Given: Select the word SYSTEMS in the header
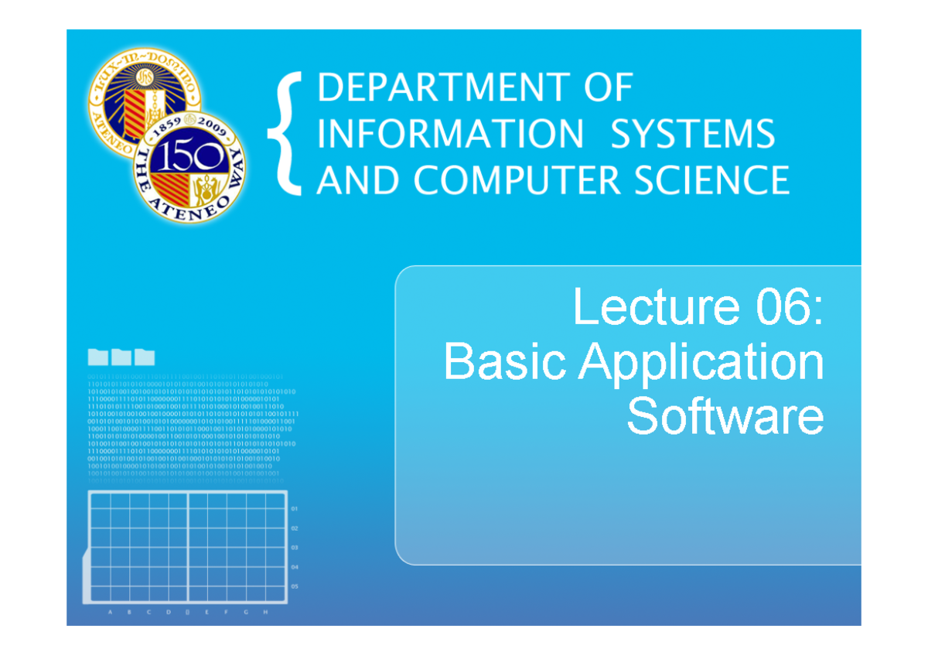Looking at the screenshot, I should pos(692,135).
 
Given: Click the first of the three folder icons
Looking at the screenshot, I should pos(98,357).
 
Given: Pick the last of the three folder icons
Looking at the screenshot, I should pos(145,357).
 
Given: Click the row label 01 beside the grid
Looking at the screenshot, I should pos(295,510).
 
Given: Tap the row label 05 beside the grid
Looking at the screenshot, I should pos(295,586).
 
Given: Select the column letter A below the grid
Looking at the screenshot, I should pos(110,612).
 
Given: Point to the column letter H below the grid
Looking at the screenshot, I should pos(265,612).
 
